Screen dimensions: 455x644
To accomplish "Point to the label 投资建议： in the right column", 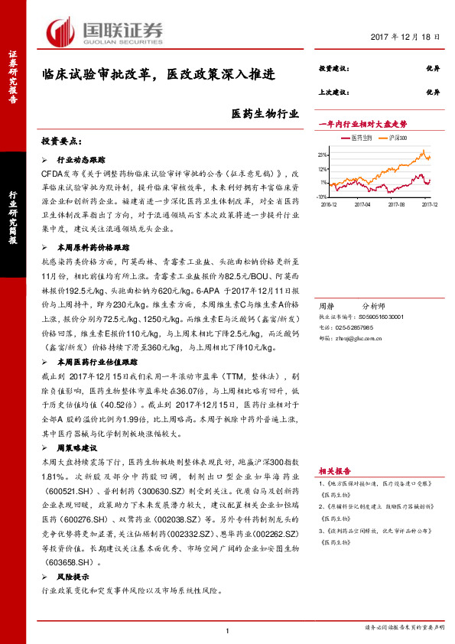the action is (x=333, y=69).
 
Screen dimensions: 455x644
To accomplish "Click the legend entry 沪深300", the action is (x=396, y=137).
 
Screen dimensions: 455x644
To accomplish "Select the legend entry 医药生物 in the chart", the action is (x=361, y=137).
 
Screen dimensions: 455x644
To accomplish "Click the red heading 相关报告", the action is (x=333, y=471).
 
